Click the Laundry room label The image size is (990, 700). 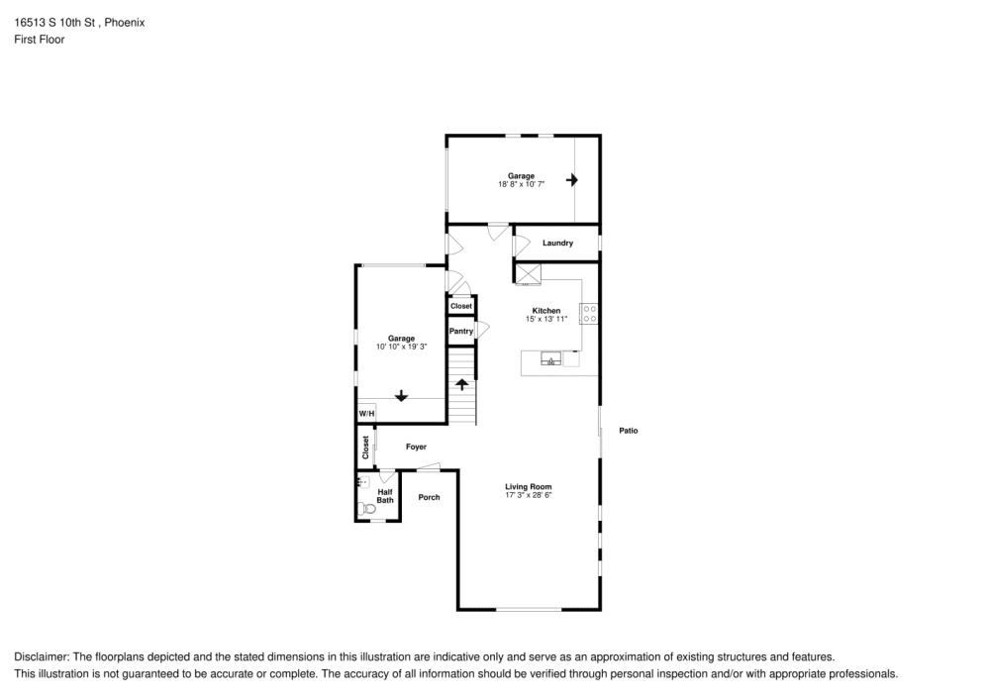tap(557, 243)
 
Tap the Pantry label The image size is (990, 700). tap(461, 331)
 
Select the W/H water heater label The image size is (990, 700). tap(365, 413)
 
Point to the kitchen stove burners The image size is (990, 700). tap(589, 314)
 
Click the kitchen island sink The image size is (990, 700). tap(550, 359)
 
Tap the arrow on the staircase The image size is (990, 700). tap(461, 384)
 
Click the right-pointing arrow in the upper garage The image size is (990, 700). tap(571, 180)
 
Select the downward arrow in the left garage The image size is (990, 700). tap(401, 395)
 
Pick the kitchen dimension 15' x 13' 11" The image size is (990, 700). tap(546, 319)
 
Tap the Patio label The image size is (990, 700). tap(629, 430)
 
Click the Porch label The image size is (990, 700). tap(429, 497)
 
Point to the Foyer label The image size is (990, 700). tap(416, 448)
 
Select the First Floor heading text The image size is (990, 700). tap(40, 40)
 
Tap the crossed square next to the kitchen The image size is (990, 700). tap(527, 273)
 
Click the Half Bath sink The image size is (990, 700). tap(361, 482)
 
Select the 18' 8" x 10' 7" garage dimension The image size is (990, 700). tap(522, 184)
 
